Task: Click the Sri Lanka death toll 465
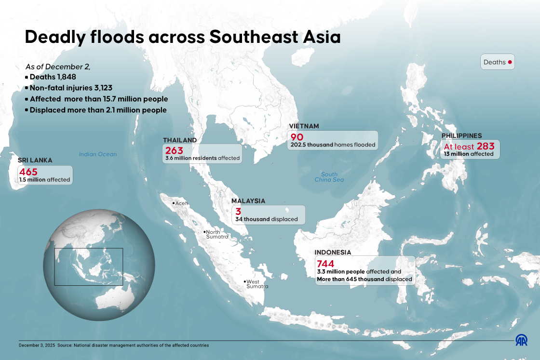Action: click(x=28, y=172)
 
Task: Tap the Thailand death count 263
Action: click(x=174, y=150)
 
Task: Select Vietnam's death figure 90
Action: click(x=297, y=137)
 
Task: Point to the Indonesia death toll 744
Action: click(x=325, y=264)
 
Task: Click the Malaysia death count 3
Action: click(x=238, y=211)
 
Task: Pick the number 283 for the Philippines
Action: click(x=486, y=146)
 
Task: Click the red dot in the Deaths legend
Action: click(x=510, y=62)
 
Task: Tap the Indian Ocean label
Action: click(x=98, y=154)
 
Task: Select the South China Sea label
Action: click(x=329, y=177)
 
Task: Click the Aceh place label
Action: click(x=181, y=203)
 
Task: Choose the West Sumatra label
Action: click(x=256, y=284)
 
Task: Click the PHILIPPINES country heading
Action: click(x=461, y=136)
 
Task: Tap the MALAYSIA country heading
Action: click(x=248, y=201)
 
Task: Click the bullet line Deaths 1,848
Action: click(x=53, y=77)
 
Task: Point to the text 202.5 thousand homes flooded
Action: click(x=332, y=145)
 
